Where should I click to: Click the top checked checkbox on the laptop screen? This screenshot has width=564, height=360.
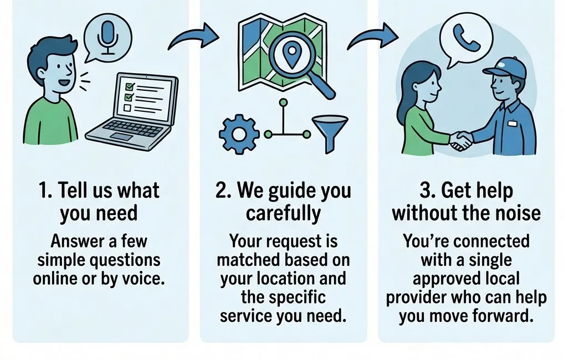click(x=131, y=86)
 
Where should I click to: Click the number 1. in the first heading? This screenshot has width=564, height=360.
click(x=47, y=191)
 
